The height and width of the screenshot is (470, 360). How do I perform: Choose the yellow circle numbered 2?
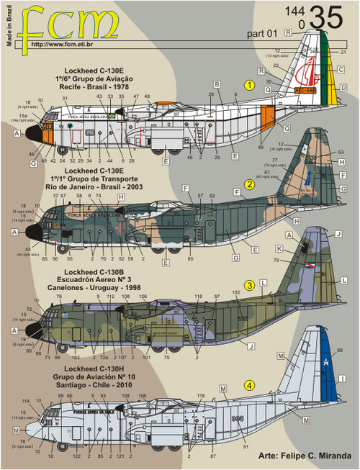248,184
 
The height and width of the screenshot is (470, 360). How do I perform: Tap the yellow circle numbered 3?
248,285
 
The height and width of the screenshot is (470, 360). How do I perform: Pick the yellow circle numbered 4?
248,384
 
